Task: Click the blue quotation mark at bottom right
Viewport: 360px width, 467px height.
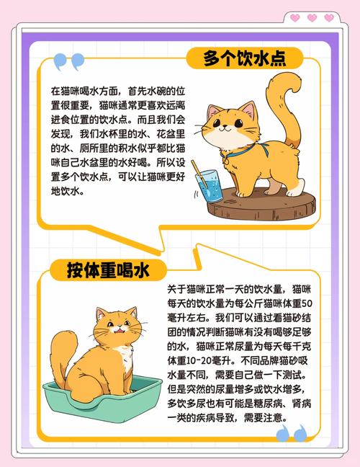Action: click(291, 433)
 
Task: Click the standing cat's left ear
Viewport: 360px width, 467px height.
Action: click(215, 112)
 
